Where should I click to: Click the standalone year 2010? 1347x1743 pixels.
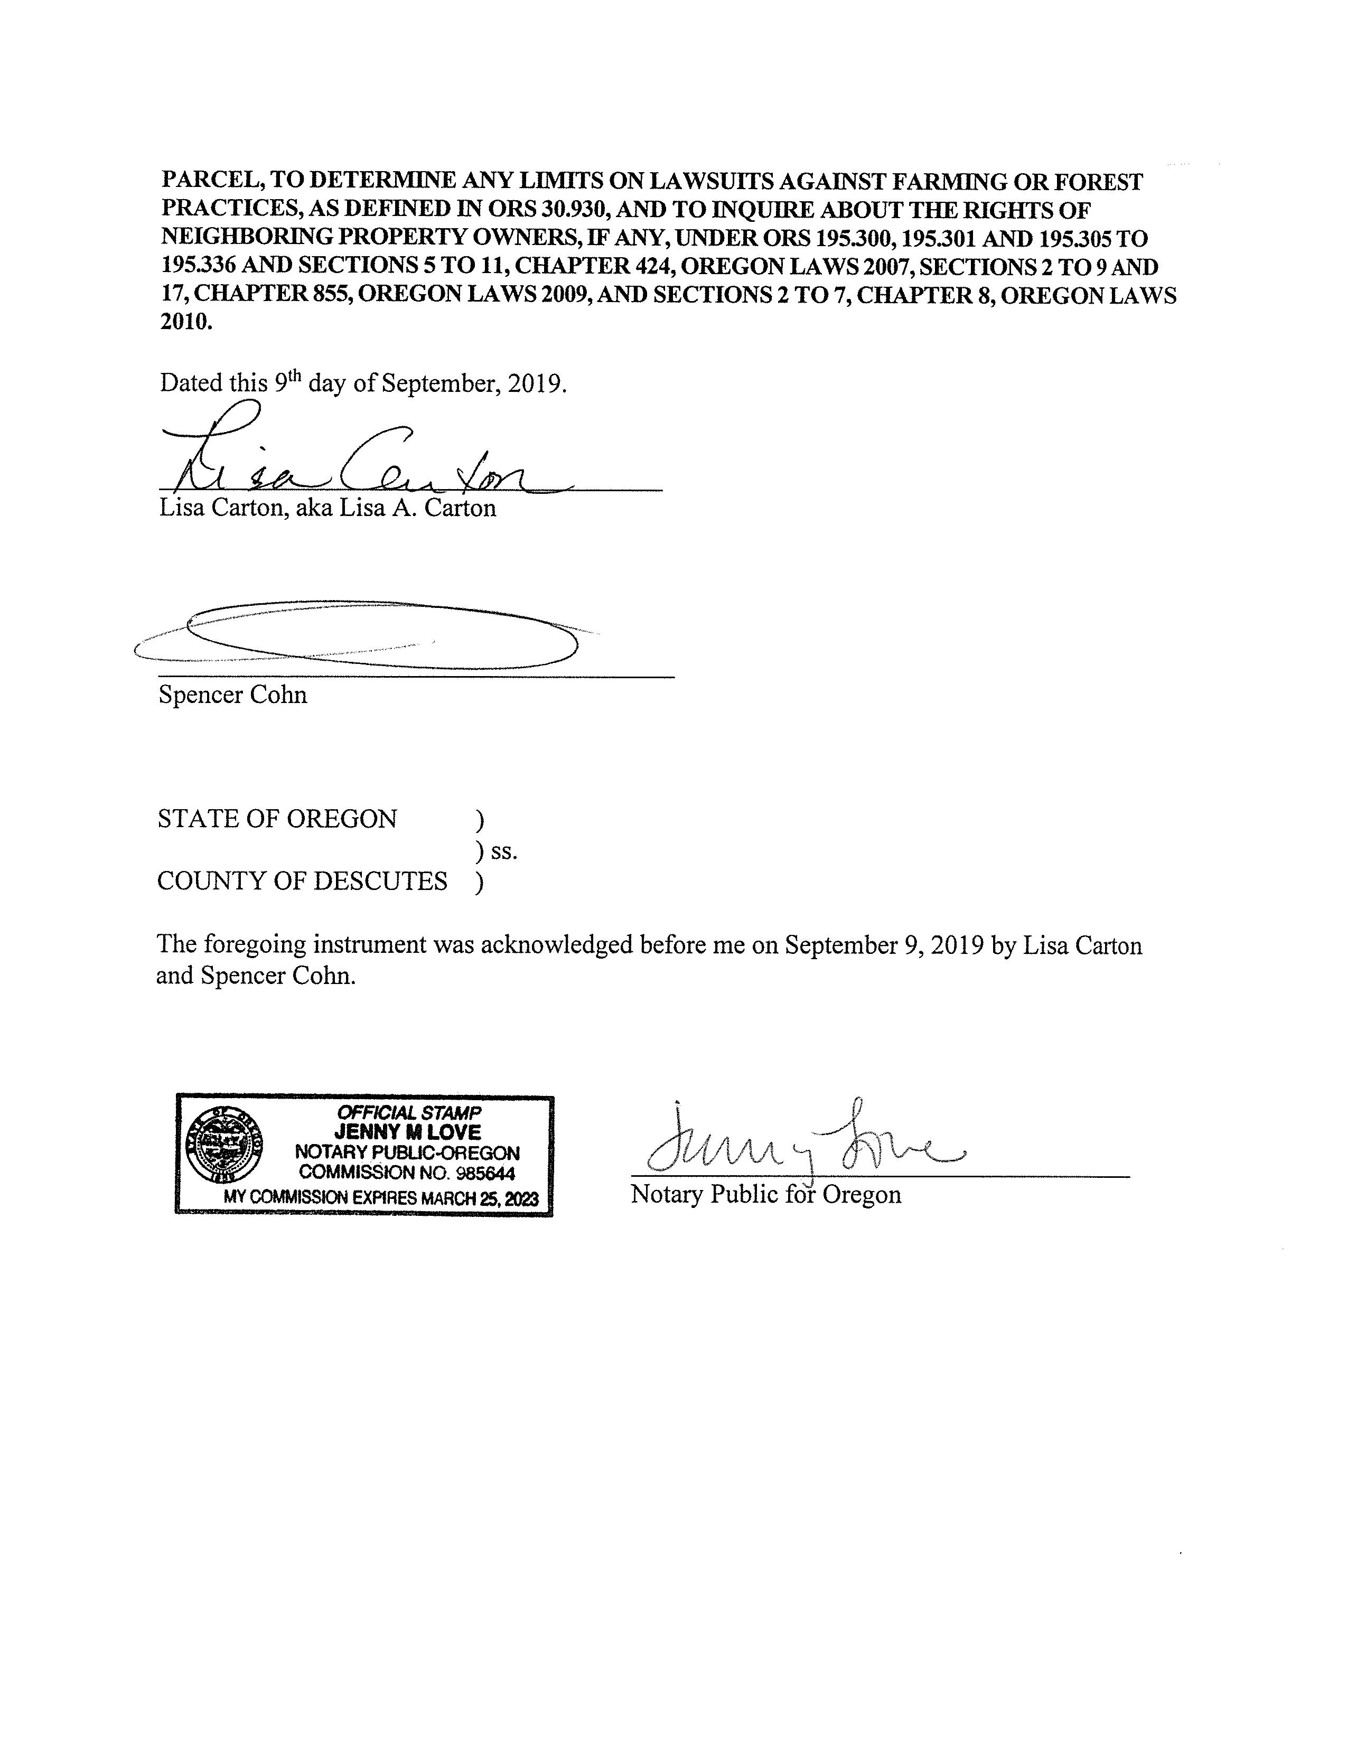click(x=186, y=322)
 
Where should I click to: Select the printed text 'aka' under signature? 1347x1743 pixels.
click(x=314, y=508)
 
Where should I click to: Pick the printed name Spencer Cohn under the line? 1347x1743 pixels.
click(x=232, y=695)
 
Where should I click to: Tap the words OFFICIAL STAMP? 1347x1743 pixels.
click(x=408, y=1112)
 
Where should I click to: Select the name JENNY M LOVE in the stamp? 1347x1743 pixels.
click(x=408, y=1132)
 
